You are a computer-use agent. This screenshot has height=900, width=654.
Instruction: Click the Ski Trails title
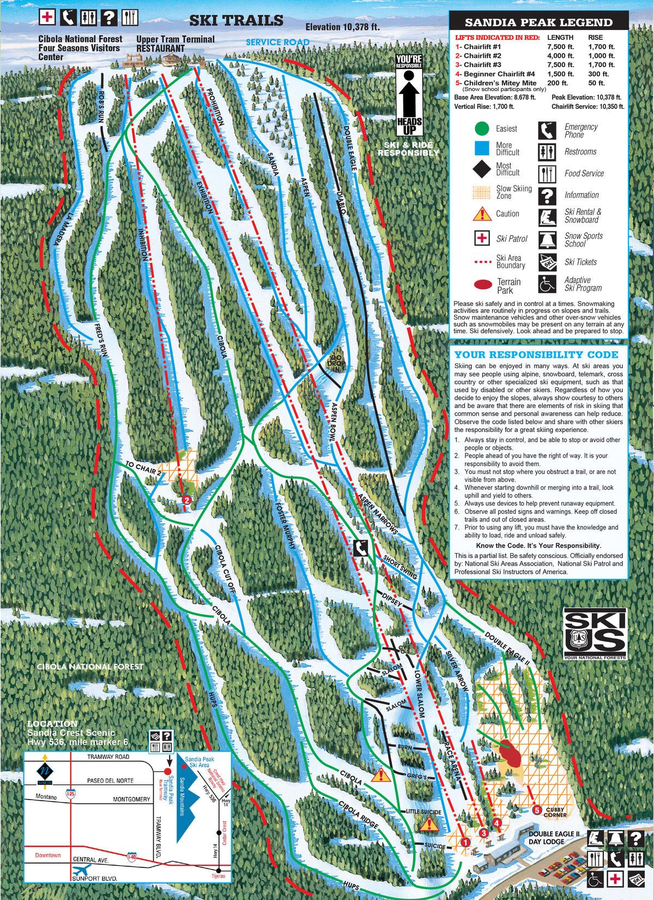236,21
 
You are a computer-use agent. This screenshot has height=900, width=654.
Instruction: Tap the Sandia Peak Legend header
538,22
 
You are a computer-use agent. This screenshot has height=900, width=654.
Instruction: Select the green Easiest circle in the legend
481,129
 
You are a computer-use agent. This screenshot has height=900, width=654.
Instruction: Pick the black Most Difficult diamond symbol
481,169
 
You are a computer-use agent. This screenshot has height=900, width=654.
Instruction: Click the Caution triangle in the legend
481,214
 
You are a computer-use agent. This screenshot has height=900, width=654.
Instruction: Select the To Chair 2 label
143,469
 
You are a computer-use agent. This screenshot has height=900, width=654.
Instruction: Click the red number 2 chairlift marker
187,499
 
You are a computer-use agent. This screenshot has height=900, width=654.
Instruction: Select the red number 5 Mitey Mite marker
537,810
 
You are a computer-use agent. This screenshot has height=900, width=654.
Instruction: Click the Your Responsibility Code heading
536,355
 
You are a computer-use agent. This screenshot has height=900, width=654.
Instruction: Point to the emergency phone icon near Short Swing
360,547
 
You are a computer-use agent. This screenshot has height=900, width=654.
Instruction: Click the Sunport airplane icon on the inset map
82,869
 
